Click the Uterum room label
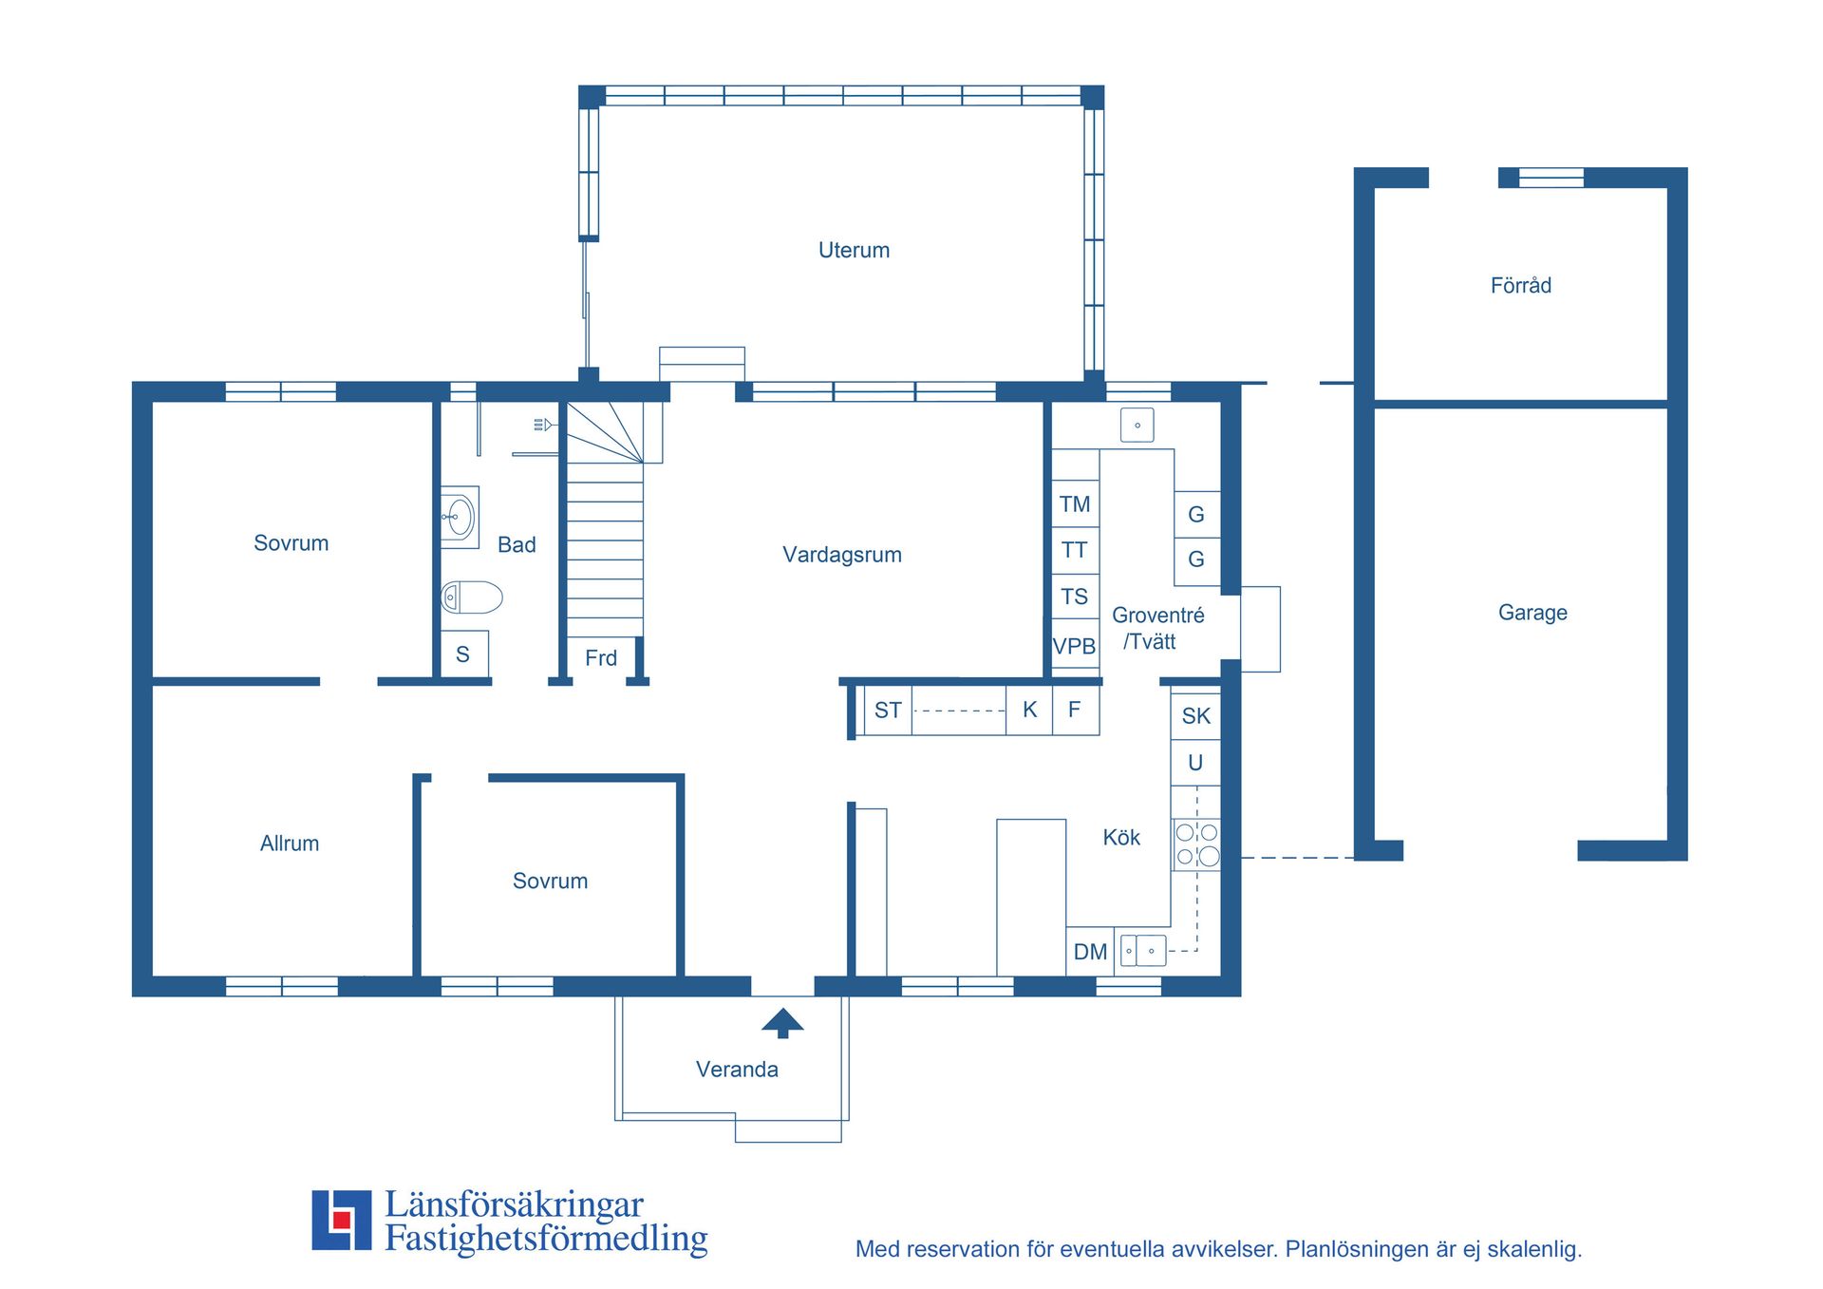(854, 250)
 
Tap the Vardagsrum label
(842, 555)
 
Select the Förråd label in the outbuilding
(1521, 285)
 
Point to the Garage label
(1532, 613)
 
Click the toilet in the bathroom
(472, 597)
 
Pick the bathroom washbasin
(460, 518)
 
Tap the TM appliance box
(1075, 504)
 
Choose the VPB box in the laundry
(1075, 646)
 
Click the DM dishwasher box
(1090, 952)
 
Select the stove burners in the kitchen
(1196, 844)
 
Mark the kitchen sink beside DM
(1143, 951)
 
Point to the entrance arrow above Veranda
(782, 1023)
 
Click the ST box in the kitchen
(888, 711)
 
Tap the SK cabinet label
(1196, 716)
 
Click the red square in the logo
(342, 1220)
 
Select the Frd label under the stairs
(601, 658)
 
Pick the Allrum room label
(290, 844)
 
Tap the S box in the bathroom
(464, 654)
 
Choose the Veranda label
(737, 1070)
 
